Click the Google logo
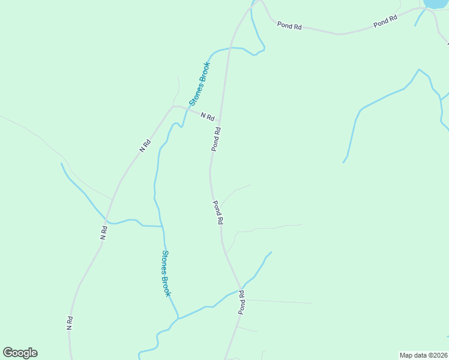point(20,353)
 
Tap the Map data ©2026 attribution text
point(423,355)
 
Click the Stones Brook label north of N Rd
point(200,84)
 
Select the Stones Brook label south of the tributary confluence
point(166,274)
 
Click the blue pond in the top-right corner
point(436,3)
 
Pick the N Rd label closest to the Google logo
point(70,323)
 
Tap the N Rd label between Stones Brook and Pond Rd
point(208,116)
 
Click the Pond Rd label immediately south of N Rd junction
point(216,139)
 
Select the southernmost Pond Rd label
point(242,302)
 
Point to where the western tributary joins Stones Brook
point(162,226)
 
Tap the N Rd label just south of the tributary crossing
point(104,233)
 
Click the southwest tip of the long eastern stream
point(344,162)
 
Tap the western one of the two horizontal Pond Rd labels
point(289,26)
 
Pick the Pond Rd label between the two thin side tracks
point(218,212)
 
